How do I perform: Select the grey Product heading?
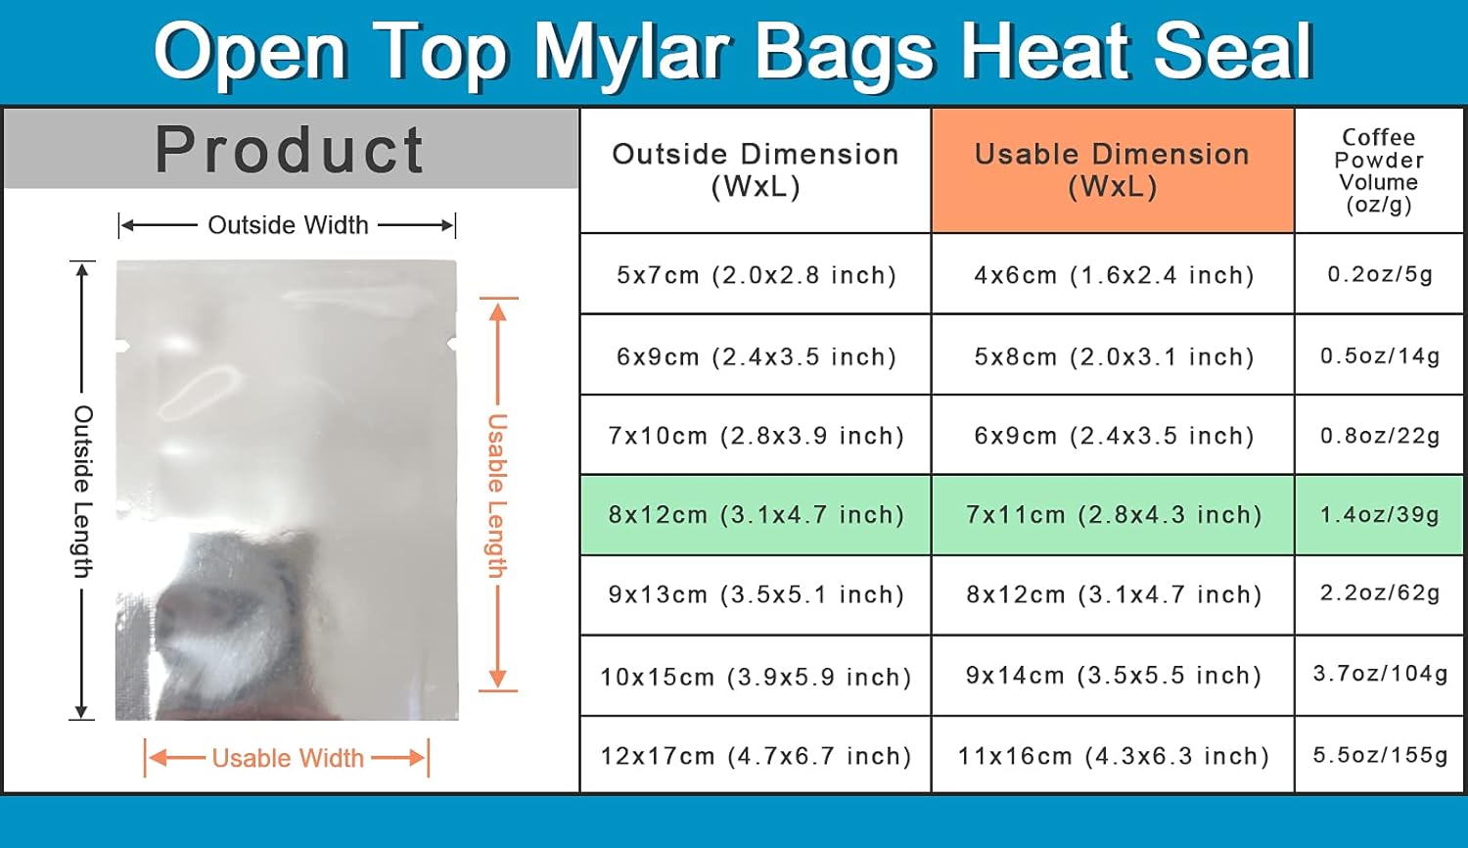pyautogui.click(x=290, y=150)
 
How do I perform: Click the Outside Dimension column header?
pyautogui.click(x=756, y=169)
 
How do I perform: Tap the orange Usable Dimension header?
pyautogui.click(x=1112, y=169)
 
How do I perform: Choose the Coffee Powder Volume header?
pyautogui.click(x=1379, y=170)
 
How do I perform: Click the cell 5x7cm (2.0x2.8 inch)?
pyautogui.click(x=756, y=275)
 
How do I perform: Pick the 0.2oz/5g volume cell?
pyautogui.click(x=1379, y=274)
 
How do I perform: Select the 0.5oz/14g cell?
pyautogui.click(x=1379, y=355)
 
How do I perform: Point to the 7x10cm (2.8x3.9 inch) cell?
pyautogui.click(x=756, y=436)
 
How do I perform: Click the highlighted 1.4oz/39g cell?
pyautogui.click(x=1379, y=515)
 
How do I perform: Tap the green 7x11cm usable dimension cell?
pyautogui.click(x=1113, y=515)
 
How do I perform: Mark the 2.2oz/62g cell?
pyautogui.click(x=1379, y=593)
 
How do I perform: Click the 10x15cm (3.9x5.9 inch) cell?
pyautogui.click(x=756, y=677)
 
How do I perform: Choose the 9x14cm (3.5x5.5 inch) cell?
pyautogui.click(x=1113, y=676)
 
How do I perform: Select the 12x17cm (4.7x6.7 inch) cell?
pyautogui.click(x=756, y=756)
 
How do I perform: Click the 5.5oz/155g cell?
pyautogui.click(x=1379, y=755)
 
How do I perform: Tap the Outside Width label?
pyautogui.click(x=288, y=225)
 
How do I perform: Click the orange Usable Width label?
pyautogui.click(x=288, y=759)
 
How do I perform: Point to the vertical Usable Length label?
pyautogui.click(x=497, y=495)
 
